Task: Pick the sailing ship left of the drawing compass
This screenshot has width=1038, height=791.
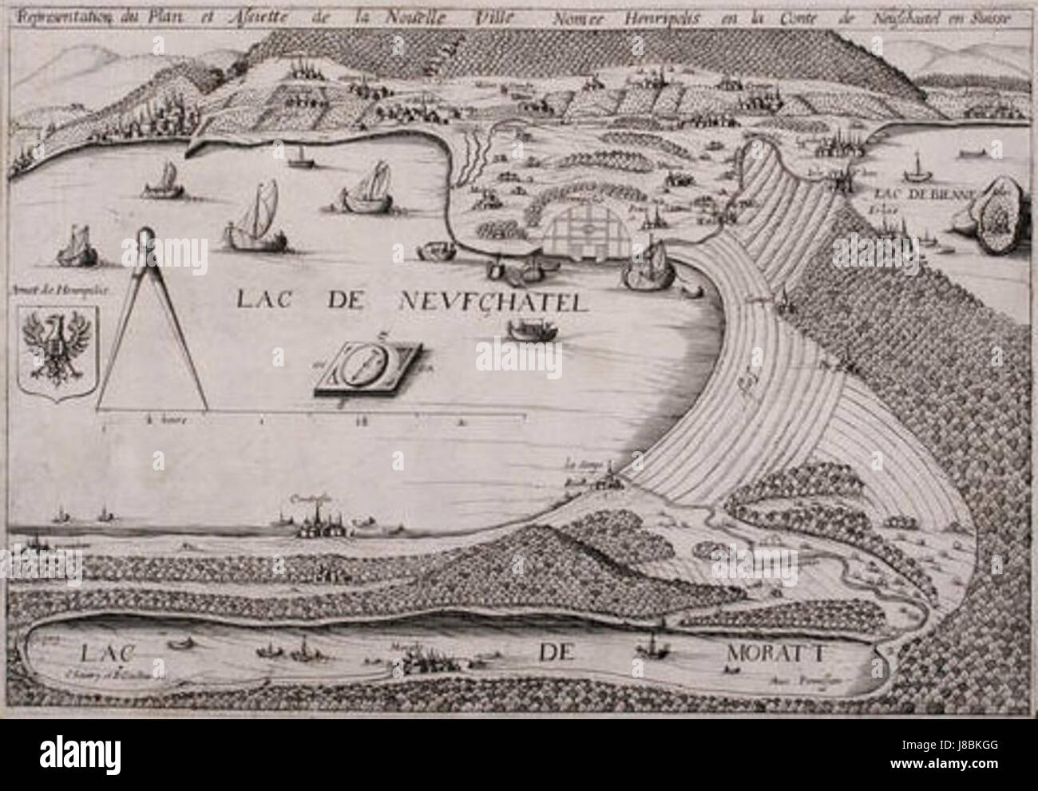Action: click(x=76, y=247)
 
